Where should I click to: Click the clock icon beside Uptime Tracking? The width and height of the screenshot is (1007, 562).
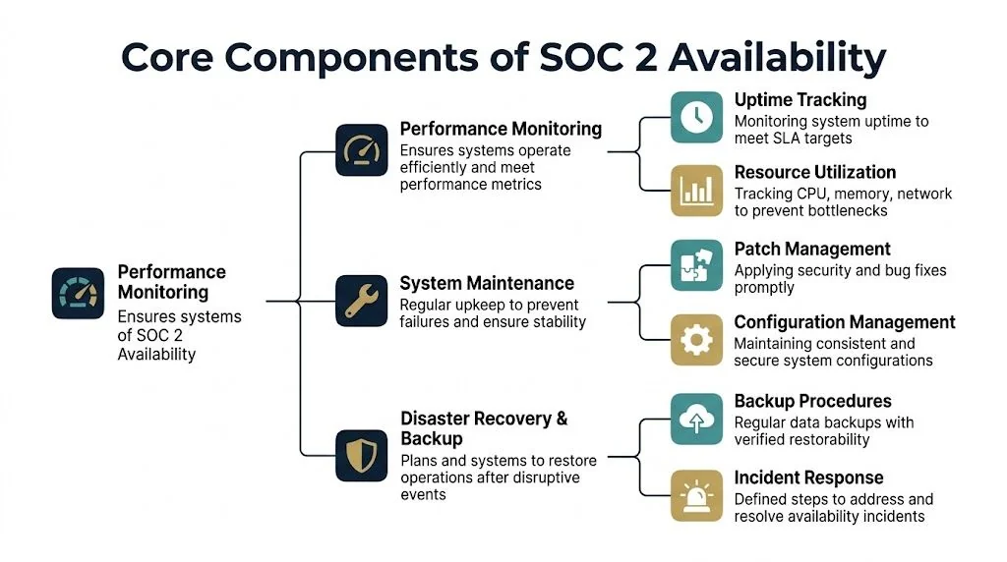(696, 117)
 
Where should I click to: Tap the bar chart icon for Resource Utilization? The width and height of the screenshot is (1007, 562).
(696, 190)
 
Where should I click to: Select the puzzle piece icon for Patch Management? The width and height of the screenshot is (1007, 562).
(696, 266)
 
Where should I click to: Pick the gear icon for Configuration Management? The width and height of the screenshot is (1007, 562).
(696, 340)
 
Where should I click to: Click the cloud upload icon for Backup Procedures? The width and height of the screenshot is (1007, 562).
(696, 419)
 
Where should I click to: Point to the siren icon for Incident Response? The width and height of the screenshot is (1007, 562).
(696, 494)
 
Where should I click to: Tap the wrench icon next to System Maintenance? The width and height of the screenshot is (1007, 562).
(361, 300)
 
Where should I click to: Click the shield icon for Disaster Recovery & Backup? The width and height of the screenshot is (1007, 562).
(361, 455)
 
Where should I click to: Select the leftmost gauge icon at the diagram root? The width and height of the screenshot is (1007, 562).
(78, 293)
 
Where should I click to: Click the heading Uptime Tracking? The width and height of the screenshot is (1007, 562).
(800, 100)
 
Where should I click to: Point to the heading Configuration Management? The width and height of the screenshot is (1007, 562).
(844, 322)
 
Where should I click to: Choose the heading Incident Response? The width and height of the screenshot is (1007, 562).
(808, 478)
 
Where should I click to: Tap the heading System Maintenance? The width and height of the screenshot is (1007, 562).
(487, 284)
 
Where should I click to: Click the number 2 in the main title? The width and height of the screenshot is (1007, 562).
(639, 58)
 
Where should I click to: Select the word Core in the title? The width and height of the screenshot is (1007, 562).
(167, 58)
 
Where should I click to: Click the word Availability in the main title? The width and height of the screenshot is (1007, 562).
(777, 58)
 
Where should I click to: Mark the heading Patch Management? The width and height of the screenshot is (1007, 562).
(812, 250)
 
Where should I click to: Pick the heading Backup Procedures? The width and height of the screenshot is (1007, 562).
(812, 402)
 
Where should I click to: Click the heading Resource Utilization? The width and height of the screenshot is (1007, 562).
(815, 173)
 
